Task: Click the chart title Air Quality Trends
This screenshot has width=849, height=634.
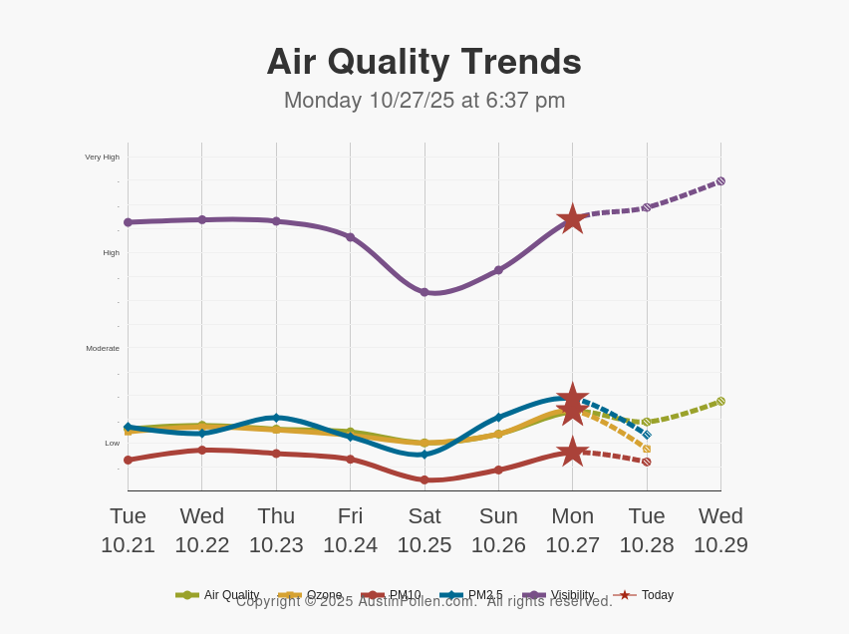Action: click(x=424, y=62)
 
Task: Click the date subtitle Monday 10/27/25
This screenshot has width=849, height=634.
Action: click(x=424, y=101)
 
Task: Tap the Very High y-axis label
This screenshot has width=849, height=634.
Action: click(x=102, y=157)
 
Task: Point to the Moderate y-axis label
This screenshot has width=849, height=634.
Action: click(x=103, y=348)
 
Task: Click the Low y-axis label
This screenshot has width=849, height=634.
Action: click(x=112, y=443)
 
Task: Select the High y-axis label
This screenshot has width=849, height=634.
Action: click(x=111, y=252)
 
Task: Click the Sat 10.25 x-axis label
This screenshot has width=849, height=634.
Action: click(x=424, y=530)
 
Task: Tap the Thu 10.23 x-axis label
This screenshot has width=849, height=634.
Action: click(x=276, y=530)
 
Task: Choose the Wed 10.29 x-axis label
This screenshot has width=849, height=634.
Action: click(x=720, y=530)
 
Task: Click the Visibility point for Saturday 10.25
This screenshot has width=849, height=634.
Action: click(x=424, y=292)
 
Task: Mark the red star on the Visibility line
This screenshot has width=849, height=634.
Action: click(x=572, y=219)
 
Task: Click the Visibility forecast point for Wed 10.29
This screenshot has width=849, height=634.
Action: click(x=720, y=181)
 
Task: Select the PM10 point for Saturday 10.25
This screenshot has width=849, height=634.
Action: click(x=424, y=479)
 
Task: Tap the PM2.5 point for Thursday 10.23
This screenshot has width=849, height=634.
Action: click(x=276, y=418)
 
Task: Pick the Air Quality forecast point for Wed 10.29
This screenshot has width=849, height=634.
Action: click(x=720, y=401)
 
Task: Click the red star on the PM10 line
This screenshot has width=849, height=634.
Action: click(x=572, y=452)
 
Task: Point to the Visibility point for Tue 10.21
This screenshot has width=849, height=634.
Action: click(x=128, y=222)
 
